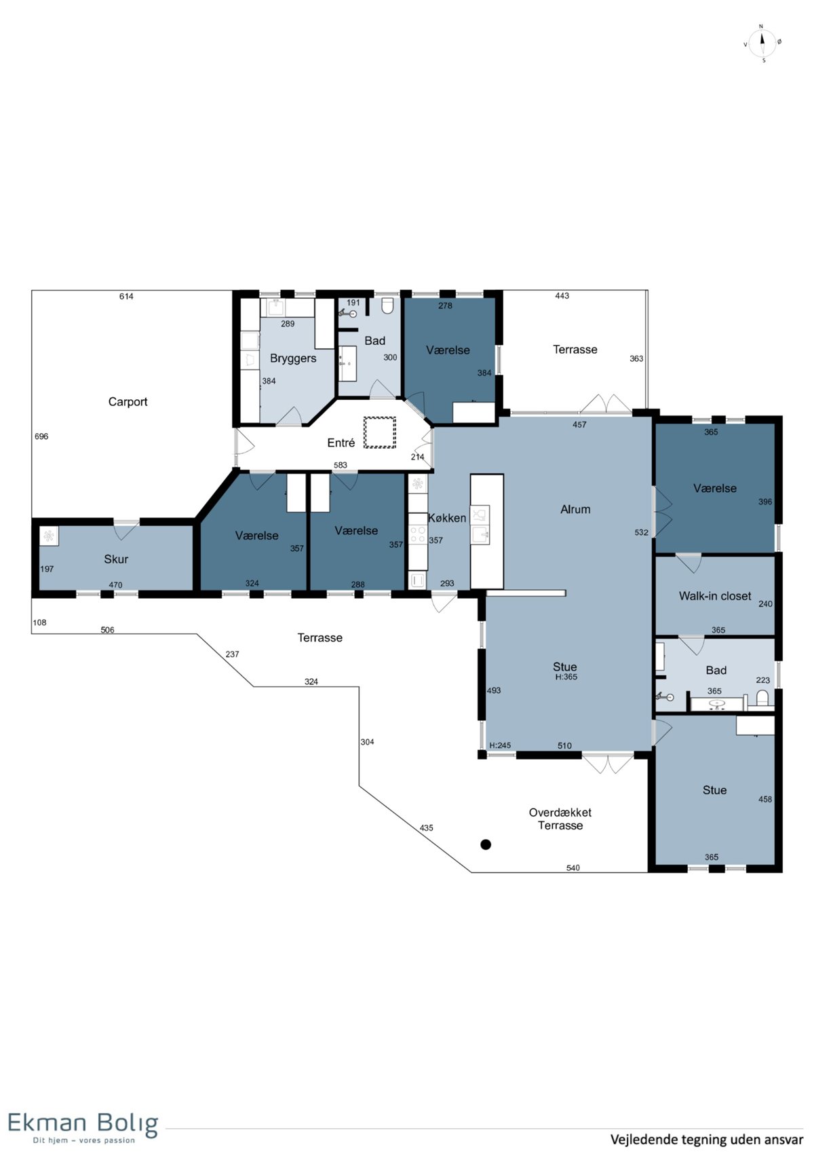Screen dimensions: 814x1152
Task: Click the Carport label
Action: (x=128, y=402)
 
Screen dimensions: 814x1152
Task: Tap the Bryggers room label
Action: (x=293, y=358)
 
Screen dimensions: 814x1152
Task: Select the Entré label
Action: (x=341, y=443)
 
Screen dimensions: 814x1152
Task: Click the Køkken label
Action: (x=447, y=518)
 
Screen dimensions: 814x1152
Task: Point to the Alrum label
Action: (x=575, y=509)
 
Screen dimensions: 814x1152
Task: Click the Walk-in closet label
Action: (x=715, y=596)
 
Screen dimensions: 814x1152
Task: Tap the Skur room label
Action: (x=116, y=559)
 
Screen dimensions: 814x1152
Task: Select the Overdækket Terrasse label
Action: (x=560, y=819)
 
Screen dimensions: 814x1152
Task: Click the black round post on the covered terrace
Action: (x=486, y=844)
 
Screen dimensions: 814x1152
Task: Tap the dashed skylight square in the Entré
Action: (x=380, y=432)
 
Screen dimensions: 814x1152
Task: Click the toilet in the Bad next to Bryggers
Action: (x=388, y=305)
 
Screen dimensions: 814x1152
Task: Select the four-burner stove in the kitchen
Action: (x=418, y=534)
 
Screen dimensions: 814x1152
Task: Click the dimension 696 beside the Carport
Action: (x=41, y=436)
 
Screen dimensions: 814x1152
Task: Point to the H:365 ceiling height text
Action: (x=566, y=677)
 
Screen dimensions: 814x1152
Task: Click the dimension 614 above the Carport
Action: (x=126, y=296)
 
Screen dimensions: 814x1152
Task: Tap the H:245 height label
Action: (x=500, y=745)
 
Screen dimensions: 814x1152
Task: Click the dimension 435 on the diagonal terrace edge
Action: (x=427, y=828)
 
